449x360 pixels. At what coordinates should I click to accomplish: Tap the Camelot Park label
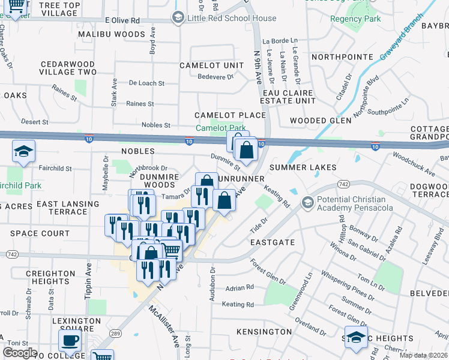(221, 128)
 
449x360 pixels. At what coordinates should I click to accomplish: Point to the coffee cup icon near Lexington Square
(70, 340)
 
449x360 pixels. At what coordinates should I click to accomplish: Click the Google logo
(19, 353)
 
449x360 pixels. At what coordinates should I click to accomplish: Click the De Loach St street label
(146, 83)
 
